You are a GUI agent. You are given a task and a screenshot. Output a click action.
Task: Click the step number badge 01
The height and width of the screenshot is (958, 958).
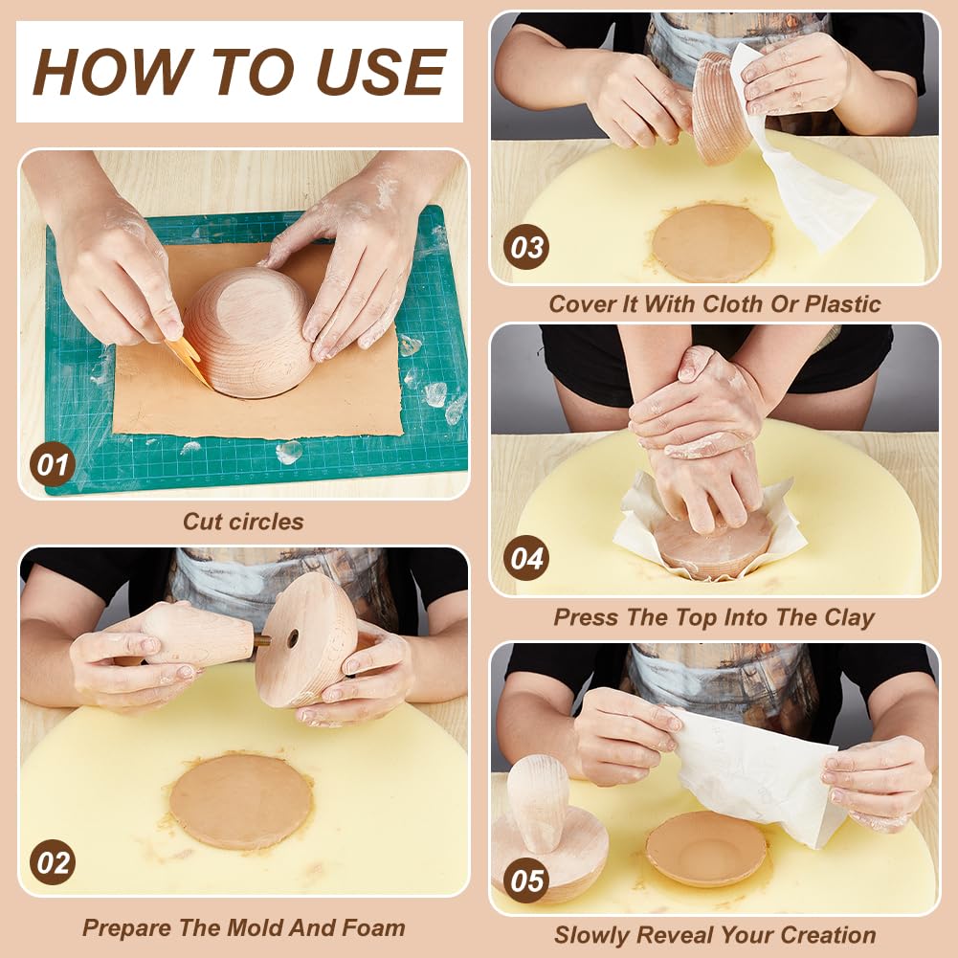(x=52, y=464)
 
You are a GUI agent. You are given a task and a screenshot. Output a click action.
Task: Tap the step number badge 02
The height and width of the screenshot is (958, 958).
(x=52, y=862)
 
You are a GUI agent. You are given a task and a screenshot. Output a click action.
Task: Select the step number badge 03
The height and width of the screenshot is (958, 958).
(x=526, y=247)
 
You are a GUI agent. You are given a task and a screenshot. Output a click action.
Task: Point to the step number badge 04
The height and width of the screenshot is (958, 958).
(x=526, y=558)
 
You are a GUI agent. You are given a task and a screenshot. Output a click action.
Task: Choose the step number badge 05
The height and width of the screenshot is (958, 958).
(x=526, y=880)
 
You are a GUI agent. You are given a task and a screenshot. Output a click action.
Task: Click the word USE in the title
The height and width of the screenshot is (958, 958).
(x=380, y=72)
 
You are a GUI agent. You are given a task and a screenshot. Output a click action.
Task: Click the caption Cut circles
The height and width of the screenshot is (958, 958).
(x=243, y=522)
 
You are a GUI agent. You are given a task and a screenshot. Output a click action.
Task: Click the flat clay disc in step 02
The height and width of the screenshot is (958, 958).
(x=241, y=802)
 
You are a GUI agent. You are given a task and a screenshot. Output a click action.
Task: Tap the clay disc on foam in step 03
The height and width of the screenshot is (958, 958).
(x=712, y=242)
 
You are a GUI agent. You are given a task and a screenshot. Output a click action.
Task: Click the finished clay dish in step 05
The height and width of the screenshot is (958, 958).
(x=705, y=849)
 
